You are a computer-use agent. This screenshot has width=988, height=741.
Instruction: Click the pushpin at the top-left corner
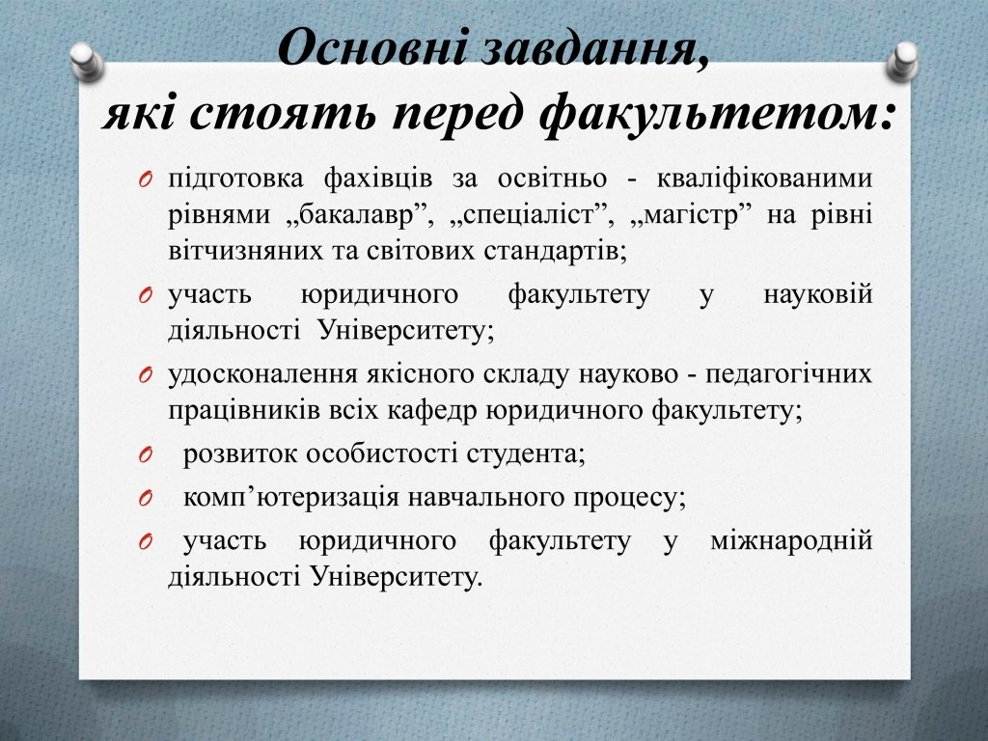tap(87, 62)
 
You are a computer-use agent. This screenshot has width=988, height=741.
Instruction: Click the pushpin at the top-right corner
tap(902, 62)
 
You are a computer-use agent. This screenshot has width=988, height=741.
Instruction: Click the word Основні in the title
tap(371, 48)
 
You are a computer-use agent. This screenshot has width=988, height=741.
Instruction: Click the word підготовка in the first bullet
tap(235, 179)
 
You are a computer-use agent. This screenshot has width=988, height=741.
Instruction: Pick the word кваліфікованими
tap(764, 178)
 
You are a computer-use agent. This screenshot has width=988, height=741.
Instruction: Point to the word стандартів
tap(555, 252)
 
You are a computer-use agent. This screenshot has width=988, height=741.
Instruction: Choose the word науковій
tap(818, 295)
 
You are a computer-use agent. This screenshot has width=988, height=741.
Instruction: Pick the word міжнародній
tap(791, 540)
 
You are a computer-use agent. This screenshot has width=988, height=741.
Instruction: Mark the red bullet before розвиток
tap(146, 455)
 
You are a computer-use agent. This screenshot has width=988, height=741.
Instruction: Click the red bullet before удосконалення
tap(146, 375)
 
